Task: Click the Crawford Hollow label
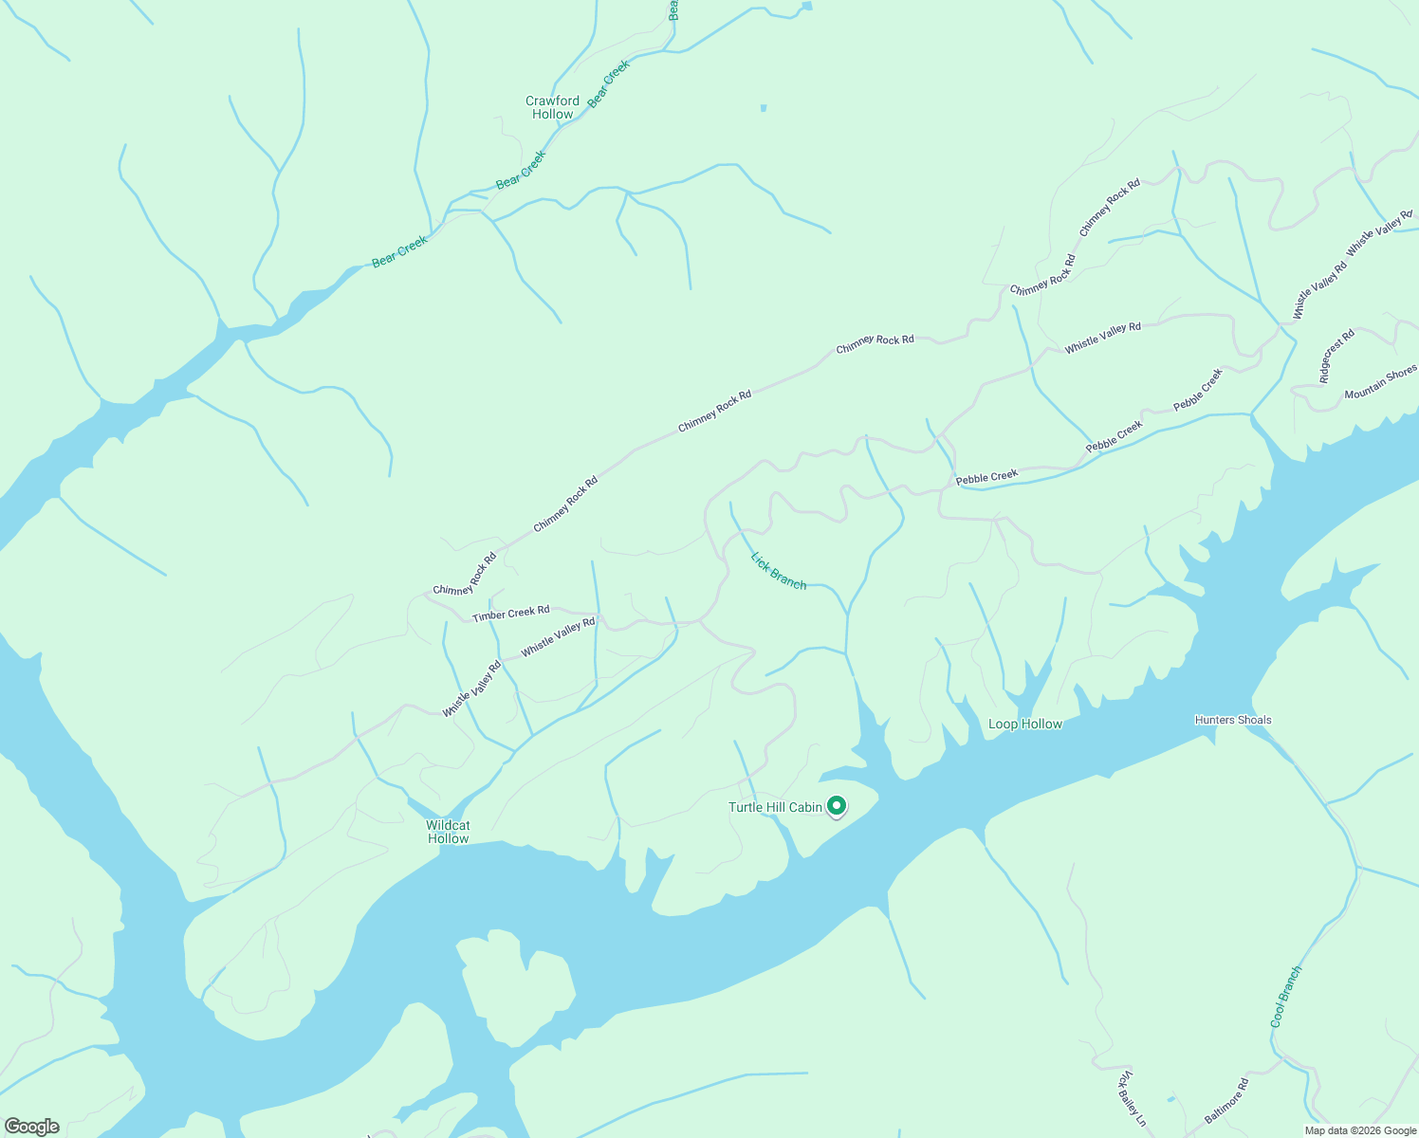pos(552,107)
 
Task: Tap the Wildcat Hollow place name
pos(449,832)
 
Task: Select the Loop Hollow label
pos(1025,724)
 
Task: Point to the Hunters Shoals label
pos(1233,720)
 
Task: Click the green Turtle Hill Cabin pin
pos(837,806)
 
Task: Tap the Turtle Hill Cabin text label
pos(775,807)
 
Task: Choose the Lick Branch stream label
pos(779,571)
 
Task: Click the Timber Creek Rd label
pos(511,614)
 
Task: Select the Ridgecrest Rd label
pos(1337,356)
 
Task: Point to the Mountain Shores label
pos(1380,382)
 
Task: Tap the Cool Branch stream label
pos(1286,997)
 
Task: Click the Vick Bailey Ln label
pos(1133,1099)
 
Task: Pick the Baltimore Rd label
pos(1226,1101)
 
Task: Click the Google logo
pos(31,1127)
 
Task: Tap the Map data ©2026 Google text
pos(1360,1130)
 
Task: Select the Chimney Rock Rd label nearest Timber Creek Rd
pos(465,575)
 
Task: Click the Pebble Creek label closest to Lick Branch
pos(986,477)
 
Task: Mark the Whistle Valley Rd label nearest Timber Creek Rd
pos(558,635)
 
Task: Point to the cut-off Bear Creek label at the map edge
pos(673,9)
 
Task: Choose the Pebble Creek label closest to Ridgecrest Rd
pos(1198,390)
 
